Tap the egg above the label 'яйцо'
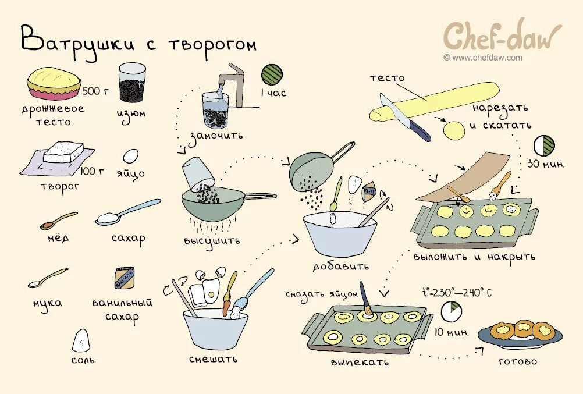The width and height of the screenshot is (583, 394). click(131, 156)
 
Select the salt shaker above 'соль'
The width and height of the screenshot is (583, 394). click(81, 340)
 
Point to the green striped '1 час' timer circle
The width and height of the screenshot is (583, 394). click(272, 74)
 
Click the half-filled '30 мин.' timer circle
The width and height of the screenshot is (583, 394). click(545, 145)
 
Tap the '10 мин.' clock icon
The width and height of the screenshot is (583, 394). click(450, 312)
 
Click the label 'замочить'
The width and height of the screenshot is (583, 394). click(215, 135)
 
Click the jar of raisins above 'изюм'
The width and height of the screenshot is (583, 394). click(132, 84)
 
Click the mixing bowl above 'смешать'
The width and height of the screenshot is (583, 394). click(215, 328)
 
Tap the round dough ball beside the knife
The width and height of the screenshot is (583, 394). click(454, 130)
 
